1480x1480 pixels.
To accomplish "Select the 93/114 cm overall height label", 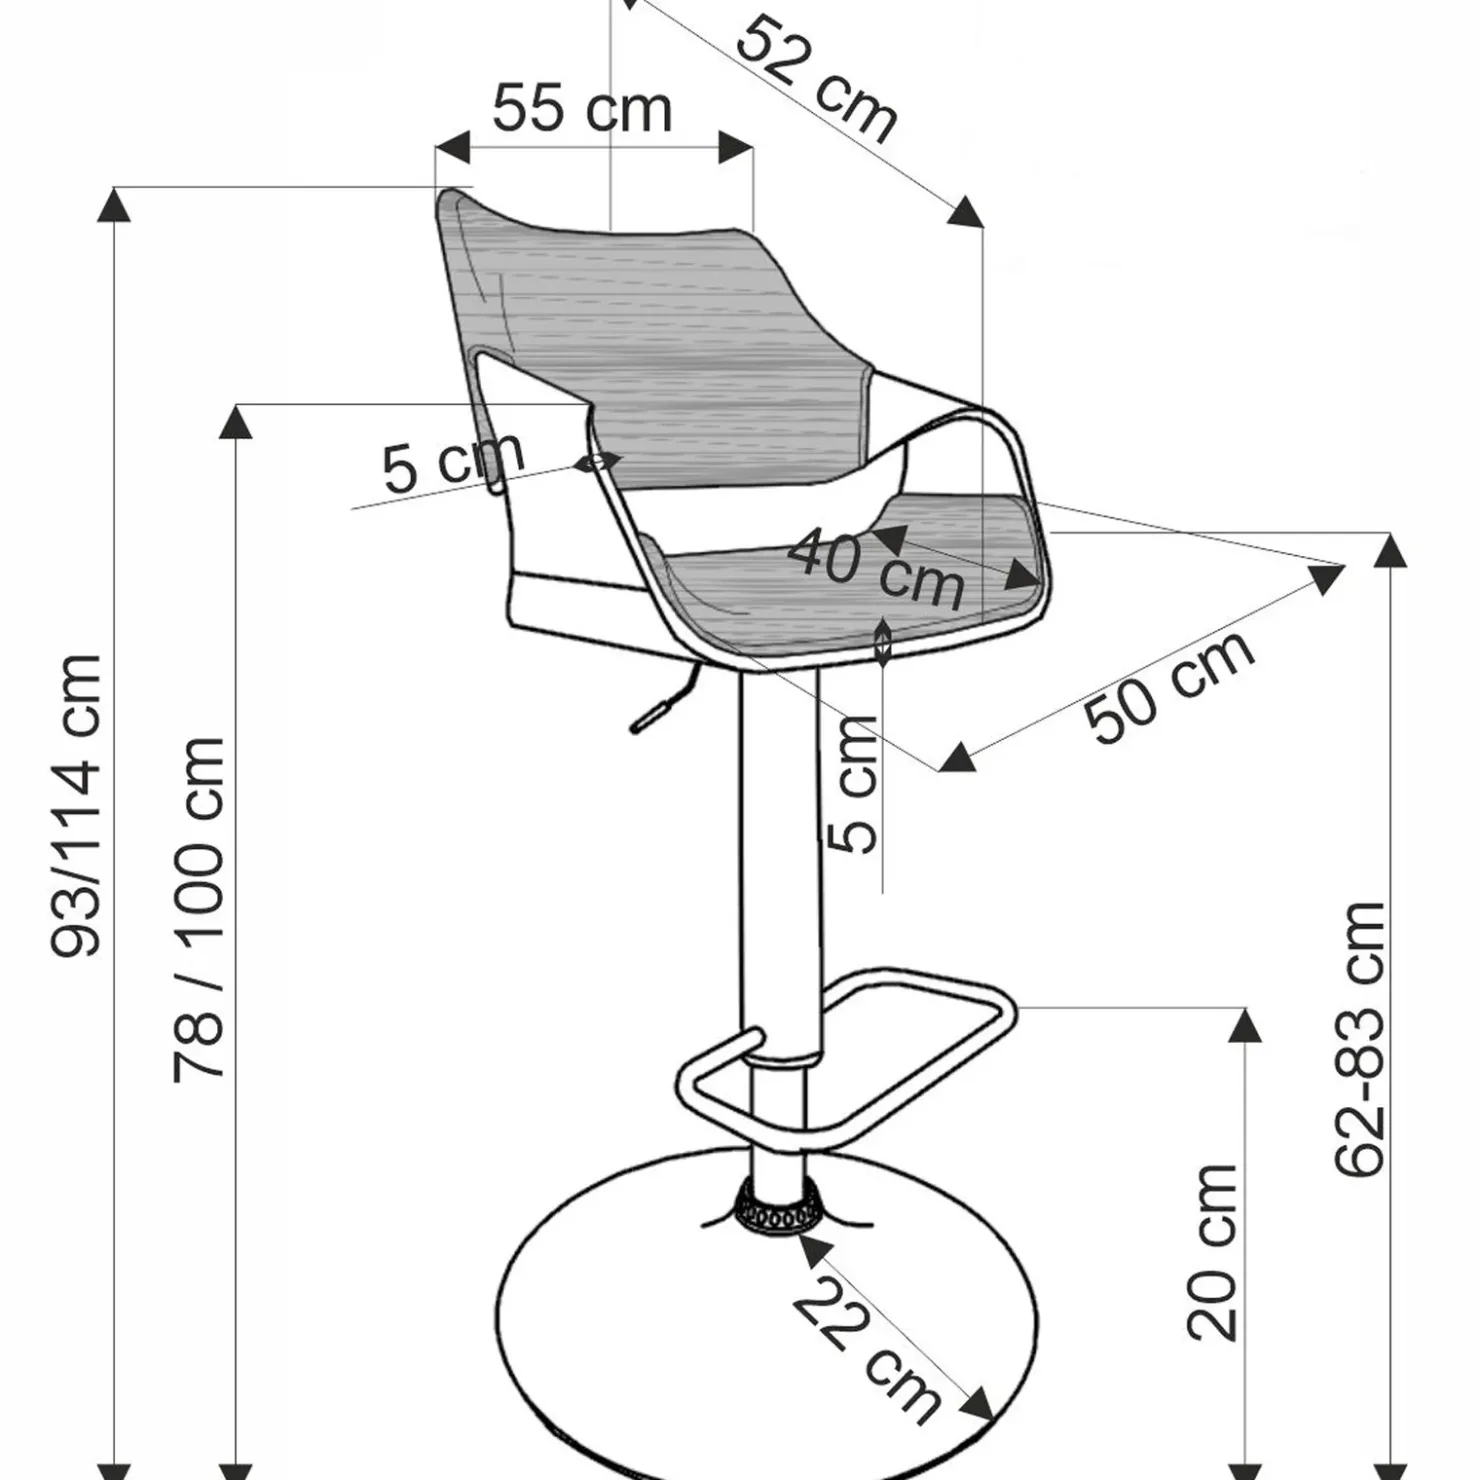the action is [77, 806].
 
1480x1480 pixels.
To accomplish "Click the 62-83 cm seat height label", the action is [1360, 1038].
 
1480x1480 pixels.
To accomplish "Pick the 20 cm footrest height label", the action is [1213, 1252].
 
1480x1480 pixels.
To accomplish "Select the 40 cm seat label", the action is [876, 568].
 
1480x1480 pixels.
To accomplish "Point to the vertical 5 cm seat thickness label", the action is [852, 784].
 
